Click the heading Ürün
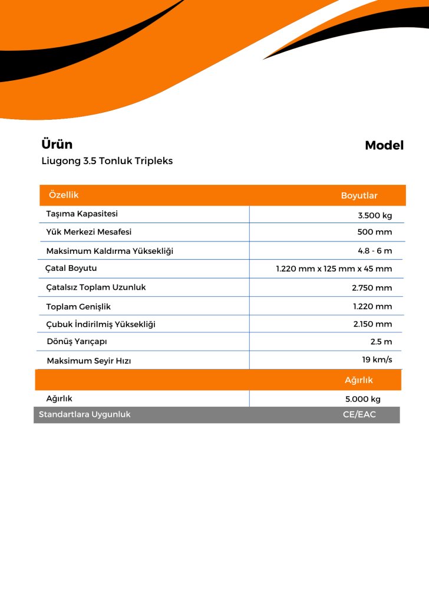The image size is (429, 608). [57, 145]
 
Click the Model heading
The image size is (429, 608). [384, 146]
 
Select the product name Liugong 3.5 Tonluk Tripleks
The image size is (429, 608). [107, 161]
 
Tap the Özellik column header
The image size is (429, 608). [64, 195]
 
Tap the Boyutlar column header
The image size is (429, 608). [359, 195]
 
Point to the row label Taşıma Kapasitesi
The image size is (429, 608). [82, 214]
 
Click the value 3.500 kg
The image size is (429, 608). [375, 215]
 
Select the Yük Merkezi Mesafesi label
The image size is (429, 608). [89, 232]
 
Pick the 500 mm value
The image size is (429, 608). [374, 232]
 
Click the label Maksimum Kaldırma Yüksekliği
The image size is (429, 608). [110, 251]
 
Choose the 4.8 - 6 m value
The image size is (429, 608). [375, 250]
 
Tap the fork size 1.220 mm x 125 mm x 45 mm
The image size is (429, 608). [334, 269]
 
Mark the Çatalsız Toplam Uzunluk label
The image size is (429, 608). [95, 287]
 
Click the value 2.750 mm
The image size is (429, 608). [372, 288]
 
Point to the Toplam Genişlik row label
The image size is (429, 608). [78, 306]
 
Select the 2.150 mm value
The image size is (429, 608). [372, 324]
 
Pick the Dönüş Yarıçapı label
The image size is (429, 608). [77, 341]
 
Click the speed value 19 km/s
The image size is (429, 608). [377, 359]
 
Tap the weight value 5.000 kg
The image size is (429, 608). [363, 399]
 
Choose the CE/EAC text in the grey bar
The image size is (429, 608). [359, 414]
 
